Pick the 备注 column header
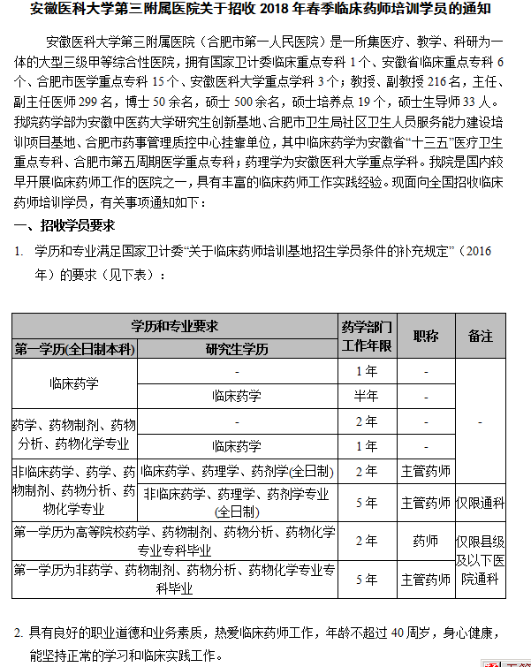pyautogui.click(x=481, y=337)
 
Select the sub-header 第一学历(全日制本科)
pyautogui.click(x=74, y=349)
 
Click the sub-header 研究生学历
pyautogui.click(x=237, y=349)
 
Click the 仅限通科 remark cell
pyautogui.click(x=481, y=504)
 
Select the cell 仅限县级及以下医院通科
pyautogui.click(x=481, y=560)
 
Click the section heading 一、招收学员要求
pyautogui.click(x=64, y=225)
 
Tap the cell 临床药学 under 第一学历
pyautogui.click(x=74, y=383)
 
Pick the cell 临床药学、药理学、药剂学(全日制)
pyautogui.click(x=237, y=471)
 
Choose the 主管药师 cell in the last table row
pyautogui.click(x=425, y=580)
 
